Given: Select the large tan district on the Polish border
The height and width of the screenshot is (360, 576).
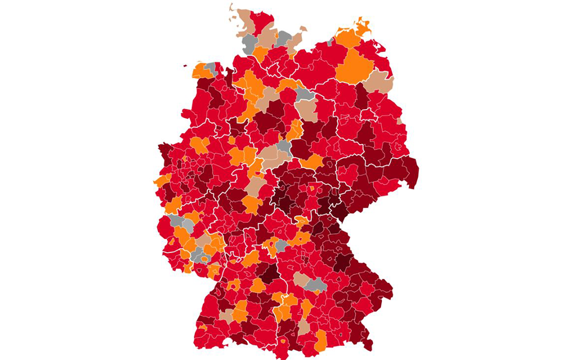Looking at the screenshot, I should (378, 83).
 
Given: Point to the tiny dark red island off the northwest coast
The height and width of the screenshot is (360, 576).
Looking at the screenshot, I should (185, 65).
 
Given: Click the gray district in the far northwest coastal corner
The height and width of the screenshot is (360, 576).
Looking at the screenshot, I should (211, 68).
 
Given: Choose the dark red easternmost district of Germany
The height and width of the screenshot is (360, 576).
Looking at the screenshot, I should (411, 169).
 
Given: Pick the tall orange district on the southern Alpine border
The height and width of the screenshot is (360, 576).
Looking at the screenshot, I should (321, 339).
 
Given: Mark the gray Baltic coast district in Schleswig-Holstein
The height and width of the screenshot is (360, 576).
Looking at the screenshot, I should (283, 38).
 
